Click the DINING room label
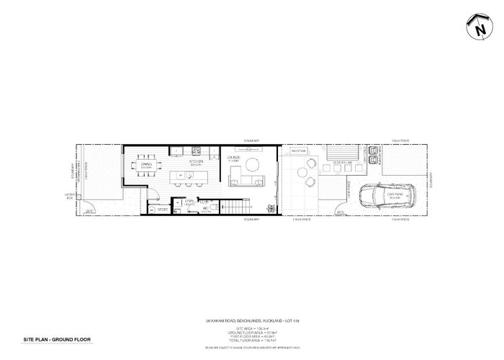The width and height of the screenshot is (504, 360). (x=146, y=165)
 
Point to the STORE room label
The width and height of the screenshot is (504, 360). (x=162, y=210)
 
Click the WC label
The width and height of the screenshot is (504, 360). (x=206, y=210)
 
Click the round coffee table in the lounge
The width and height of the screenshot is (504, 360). (x=253, y=163)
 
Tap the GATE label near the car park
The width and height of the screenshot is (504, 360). (x=341, y=213)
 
